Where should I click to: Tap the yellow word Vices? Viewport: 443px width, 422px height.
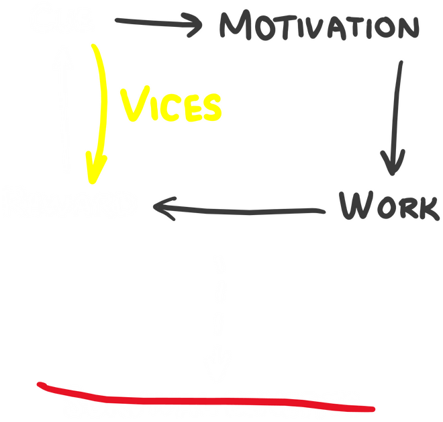tap(170, 107)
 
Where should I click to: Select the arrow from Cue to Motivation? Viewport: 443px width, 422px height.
tap(158, 26)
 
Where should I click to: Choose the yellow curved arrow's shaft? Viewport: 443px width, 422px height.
tap(103, 101)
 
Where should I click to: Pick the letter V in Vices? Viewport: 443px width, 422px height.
tap(132, 106)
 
